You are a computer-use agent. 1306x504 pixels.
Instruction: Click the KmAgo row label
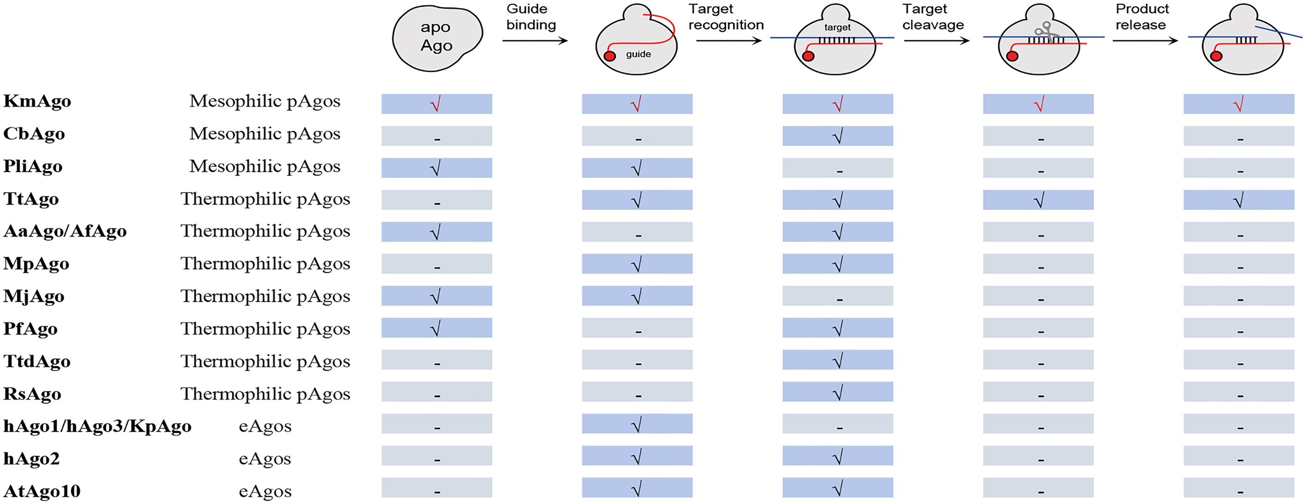coord(37,101)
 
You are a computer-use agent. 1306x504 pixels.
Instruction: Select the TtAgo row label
coord(31,199)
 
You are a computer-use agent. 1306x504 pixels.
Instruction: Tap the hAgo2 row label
coord(31,459)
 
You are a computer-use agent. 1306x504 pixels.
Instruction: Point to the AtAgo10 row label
coord(42,491)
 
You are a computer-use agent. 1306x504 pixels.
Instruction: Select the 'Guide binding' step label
coord(531,17)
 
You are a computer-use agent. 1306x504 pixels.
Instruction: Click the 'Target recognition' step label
coord(725,17)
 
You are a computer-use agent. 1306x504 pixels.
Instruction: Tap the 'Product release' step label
coord(1142,17)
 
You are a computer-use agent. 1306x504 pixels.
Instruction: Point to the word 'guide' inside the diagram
coord(638,54)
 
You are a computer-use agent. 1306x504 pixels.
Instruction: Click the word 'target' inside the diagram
coord(837,27)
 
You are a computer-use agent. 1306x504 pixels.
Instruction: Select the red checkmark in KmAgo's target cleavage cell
coord(1038,104)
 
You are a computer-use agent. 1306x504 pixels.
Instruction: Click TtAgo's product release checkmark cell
coord(1239,200)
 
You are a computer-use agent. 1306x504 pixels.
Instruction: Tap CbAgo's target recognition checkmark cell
coord(837,136)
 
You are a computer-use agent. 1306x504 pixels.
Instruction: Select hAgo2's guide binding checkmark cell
coord(637,456)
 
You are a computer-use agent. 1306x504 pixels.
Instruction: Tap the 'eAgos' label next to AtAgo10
coord(265,491)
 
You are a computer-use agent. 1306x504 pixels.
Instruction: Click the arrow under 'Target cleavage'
coord(936,41)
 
